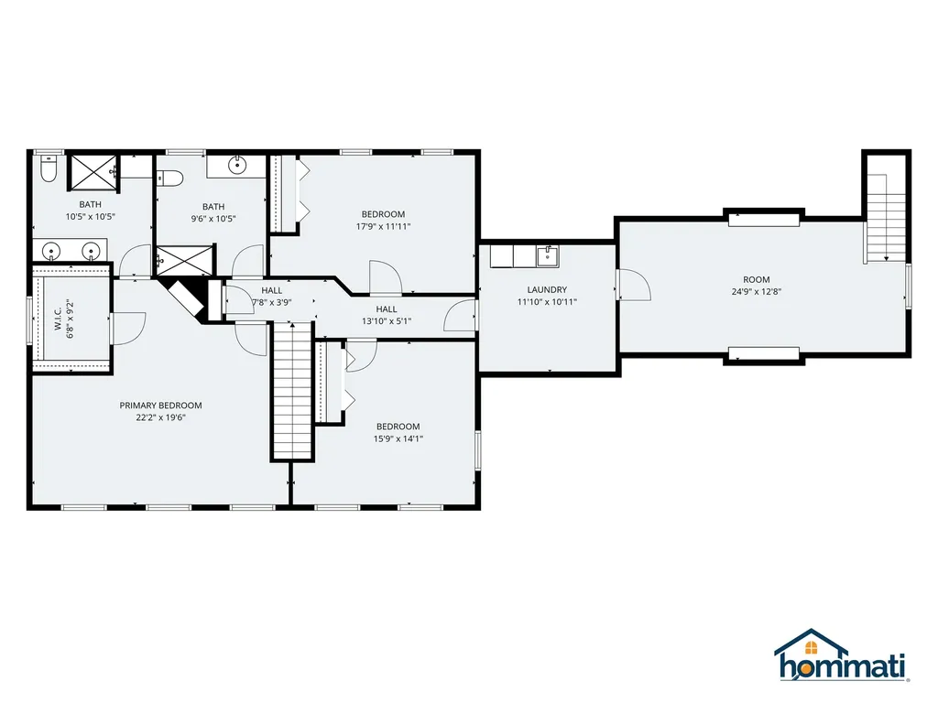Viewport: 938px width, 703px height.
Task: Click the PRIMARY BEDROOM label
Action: [x=160, y=406]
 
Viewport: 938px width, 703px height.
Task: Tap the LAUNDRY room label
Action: [x=547, y=290]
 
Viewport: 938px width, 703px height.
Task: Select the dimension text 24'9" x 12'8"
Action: [x=756, y=292]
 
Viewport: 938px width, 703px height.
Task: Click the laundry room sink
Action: [x=548, y=256]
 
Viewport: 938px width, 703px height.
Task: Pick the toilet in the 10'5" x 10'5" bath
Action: [x=48, y=168]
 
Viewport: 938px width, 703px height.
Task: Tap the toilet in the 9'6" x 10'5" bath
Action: [x=169, y=178]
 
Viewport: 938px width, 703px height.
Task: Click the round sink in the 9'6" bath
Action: [x=238, y=165]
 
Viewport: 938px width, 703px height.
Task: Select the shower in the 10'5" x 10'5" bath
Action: [x=93, y=173]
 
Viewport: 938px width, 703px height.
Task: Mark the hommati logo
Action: [x=841, y=655]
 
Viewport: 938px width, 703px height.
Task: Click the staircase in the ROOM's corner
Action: [x=886, y=219]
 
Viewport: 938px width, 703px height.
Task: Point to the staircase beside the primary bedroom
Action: [x=292, y=390]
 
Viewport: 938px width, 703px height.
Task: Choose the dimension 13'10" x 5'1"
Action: [x=387, y=321]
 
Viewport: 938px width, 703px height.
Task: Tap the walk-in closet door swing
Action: [x=129, y=329]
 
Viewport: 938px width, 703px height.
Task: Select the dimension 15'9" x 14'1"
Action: [x=398, y=438]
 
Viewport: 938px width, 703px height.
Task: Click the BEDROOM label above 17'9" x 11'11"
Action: [x=383, y=214]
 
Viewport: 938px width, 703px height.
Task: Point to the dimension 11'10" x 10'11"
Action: [x=547, y=302]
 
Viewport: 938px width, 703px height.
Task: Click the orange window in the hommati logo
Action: [x=812, y=647]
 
